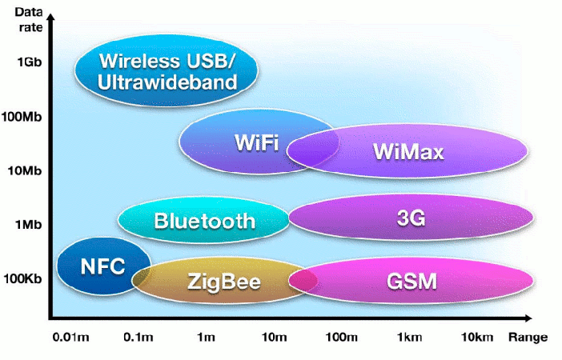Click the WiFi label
(x=257, y=142)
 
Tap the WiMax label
(x=408, y=151)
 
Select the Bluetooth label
(x=205, y=221)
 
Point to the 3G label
(x=411, y=218)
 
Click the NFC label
(x=102, y=266)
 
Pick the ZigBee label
(x=224, y=282)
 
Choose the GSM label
(x=411, y=281)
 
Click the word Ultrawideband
(x=167, y=82)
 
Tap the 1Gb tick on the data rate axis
(x=30, y=62)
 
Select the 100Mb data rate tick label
(x=22, y=117)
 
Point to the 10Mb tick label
(x=25, y=170)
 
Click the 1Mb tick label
(x=28, y=225)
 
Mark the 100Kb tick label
(x=22, y=278)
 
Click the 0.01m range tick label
(x=70, y=337)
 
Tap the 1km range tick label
(x=409, y=337)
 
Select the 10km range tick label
(x=477, y=337)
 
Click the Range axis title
(x=528, y=338)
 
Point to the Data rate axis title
(x=29, y=19)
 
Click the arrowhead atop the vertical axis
(x=51, y=17)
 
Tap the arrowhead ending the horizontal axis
(x=528, y=318)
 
